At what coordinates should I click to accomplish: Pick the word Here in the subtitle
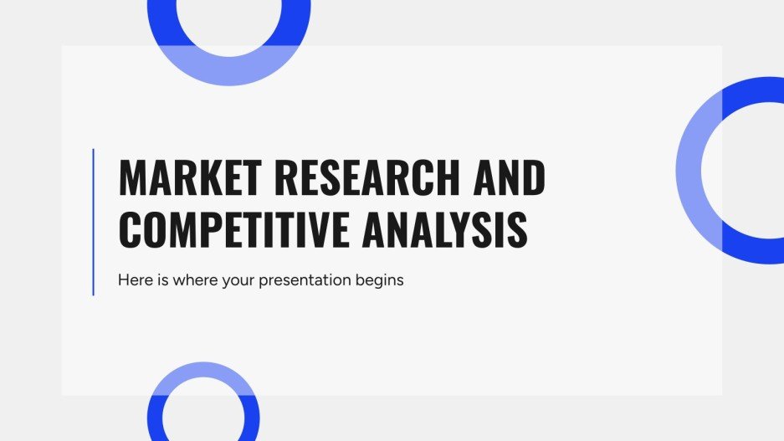point(136,280)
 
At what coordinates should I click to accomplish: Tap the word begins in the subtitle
point(381,281)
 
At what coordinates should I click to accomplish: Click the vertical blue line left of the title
point(93,222)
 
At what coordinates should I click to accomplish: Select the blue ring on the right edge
point(691,170)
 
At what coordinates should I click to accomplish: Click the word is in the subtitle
point(163,280)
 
